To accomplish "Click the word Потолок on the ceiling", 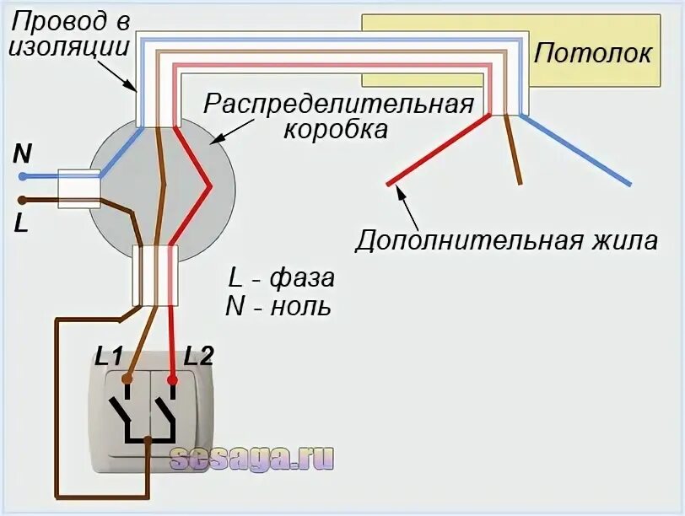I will tap(592, 53).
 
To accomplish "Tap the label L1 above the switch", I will tap(111, 356).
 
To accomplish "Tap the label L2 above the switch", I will tap(200, 356).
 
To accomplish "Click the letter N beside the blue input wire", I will tap(23, 153).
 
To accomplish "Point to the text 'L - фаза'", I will tap(281, 277).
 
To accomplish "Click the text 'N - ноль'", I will tap(278, 306).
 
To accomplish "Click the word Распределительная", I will tap(338, 105).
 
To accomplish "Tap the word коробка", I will tap(336, 131).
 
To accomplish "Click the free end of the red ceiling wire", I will tap(389, 183).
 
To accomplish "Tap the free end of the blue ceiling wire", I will tap(628, 183).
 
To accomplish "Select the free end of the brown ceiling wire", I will tap(520, 183).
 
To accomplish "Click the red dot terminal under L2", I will tap(172, 380).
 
